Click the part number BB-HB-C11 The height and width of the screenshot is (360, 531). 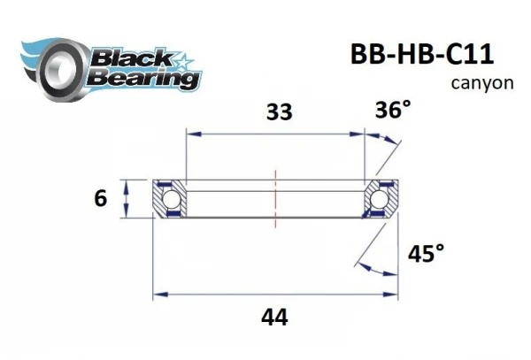[415, 53]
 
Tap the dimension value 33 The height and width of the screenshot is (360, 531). [279, 112]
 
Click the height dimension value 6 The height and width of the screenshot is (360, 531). [99, 199]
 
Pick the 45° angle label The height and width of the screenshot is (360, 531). [426, 255]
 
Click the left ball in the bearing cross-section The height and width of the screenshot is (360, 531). [170, 198]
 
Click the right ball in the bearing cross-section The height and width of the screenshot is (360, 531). [382, 198]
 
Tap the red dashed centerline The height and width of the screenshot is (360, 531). [276, 198]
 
